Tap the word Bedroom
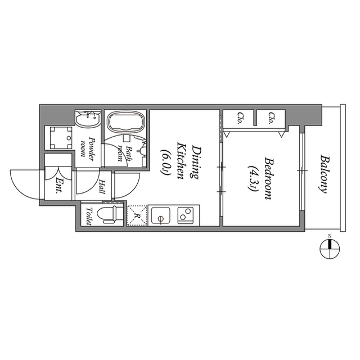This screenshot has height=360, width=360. coord(268,178)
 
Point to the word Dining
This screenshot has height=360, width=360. coord(195,162)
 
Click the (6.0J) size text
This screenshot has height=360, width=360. coord(165,162)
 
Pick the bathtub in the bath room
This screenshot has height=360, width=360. coord(127,121)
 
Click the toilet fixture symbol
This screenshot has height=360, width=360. coord(107,214)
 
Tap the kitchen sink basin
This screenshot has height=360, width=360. coord(161,215)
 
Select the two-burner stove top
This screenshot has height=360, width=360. coord(186,215)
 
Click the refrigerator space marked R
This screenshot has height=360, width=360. coord(137,216)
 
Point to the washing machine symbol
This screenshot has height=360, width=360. coord(61,138)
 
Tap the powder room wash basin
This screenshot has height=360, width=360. coord(88,119)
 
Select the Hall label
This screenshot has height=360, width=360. coord(102,186)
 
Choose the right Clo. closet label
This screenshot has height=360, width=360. coord(272,118)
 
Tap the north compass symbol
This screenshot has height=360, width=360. coord(330,249)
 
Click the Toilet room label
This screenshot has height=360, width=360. coord(89,216)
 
